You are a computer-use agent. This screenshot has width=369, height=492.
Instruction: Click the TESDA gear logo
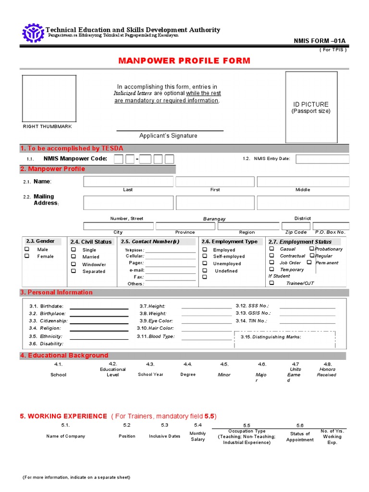click(x=33, y=32)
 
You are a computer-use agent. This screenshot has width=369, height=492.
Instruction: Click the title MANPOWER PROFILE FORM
click(x=184, y=61)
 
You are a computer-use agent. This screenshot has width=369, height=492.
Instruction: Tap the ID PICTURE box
click(x=311, y=107)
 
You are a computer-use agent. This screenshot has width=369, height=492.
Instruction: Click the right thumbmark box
click(x=49, y=98)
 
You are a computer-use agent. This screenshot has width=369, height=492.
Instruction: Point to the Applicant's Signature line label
click(x=168, y=135)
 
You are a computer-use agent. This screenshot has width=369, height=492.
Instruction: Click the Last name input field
click(x=128, y=181)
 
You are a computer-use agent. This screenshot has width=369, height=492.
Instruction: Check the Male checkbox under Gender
click(x=27, y=249)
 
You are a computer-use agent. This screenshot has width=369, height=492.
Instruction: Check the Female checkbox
click(x=27, y=256)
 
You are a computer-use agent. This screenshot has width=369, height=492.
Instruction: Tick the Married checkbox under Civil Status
click(x=74, y=257)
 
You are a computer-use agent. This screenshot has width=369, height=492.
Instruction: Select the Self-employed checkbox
click(x=205, y=257)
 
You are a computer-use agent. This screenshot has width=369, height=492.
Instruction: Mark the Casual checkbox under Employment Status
click(x=271, y=249)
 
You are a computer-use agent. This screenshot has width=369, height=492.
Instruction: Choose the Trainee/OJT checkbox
click(x=271, y=283)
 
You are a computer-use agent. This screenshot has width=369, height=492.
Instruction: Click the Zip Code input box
click(x=295, y=226)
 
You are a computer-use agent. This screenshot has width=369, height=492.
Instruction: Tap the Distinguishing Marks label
click(x=271, y=337)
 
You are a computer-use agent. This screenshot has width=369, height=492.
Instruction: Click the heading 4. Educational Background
click(x=64, y=356)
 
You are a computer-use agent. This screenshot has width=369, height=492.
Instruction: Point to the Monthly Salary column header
click(x=197, y=436)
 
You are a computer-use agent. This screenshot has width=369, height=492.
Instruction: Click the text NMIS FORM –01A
click(x=320, y=41)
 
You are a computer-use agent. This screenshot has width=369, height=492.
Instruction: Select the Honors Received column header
click(x=327, y=372)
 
